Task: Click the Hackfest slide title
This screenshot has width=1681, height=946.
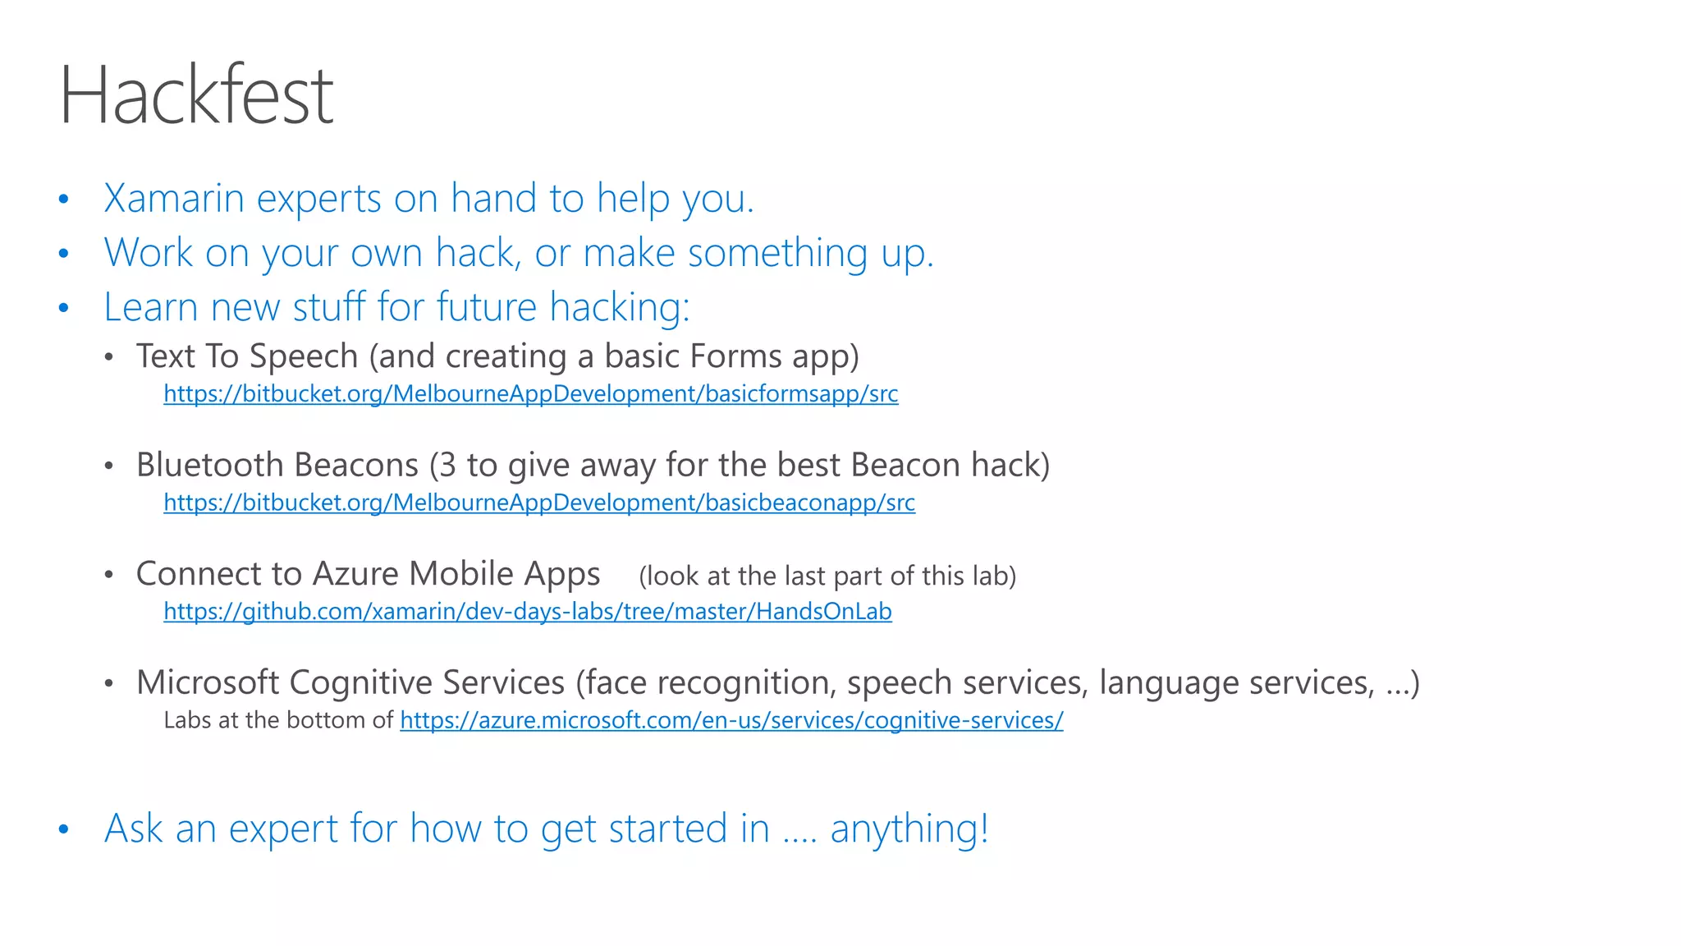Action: pyautogui.click(x=196, y=95)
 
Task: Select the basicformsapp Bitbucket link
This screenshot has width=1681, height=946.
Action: pyautogui.click(x=530, y=394)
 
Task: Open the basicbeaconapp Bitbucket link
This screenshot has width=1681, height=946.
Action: pyautogui.click(x=538, y=503)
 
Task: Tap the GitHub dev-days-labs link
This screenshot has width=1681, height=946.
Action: pyautogui.click(x=527, y=612)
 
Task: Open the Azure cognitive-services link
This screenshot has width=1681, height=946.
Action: pyautogui.click(x=731, y=720)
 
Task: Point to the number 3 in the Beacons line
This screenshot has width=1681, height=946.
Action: pyautogui.click(x=447, y=465)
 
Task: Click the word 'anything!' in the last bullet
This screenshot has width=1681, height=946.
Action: pyautogui.click(x=909, y=829)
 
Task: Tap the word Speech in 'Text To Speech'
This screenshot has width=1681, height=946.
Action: pyautogui.click(x=304, y=356)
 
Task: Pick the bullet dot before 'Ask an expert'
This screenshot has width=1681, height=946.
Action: pyautogui.click(x=64, y=829)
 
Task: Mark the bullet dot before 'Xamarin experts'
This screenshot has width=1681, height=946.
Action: pyautogui.click(x=64, y=200)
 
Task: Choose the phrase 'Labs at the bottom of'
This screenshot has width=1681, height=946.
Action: pyautogui.click(x=278, y=720)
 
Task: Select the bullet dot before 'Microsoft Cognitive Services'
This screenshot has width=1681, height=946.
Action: pyautogui.click(x=108, y=683)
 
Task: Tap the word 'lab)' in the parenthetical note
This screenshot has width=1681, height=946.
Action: pyautogui.click(x=993, y=576)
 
